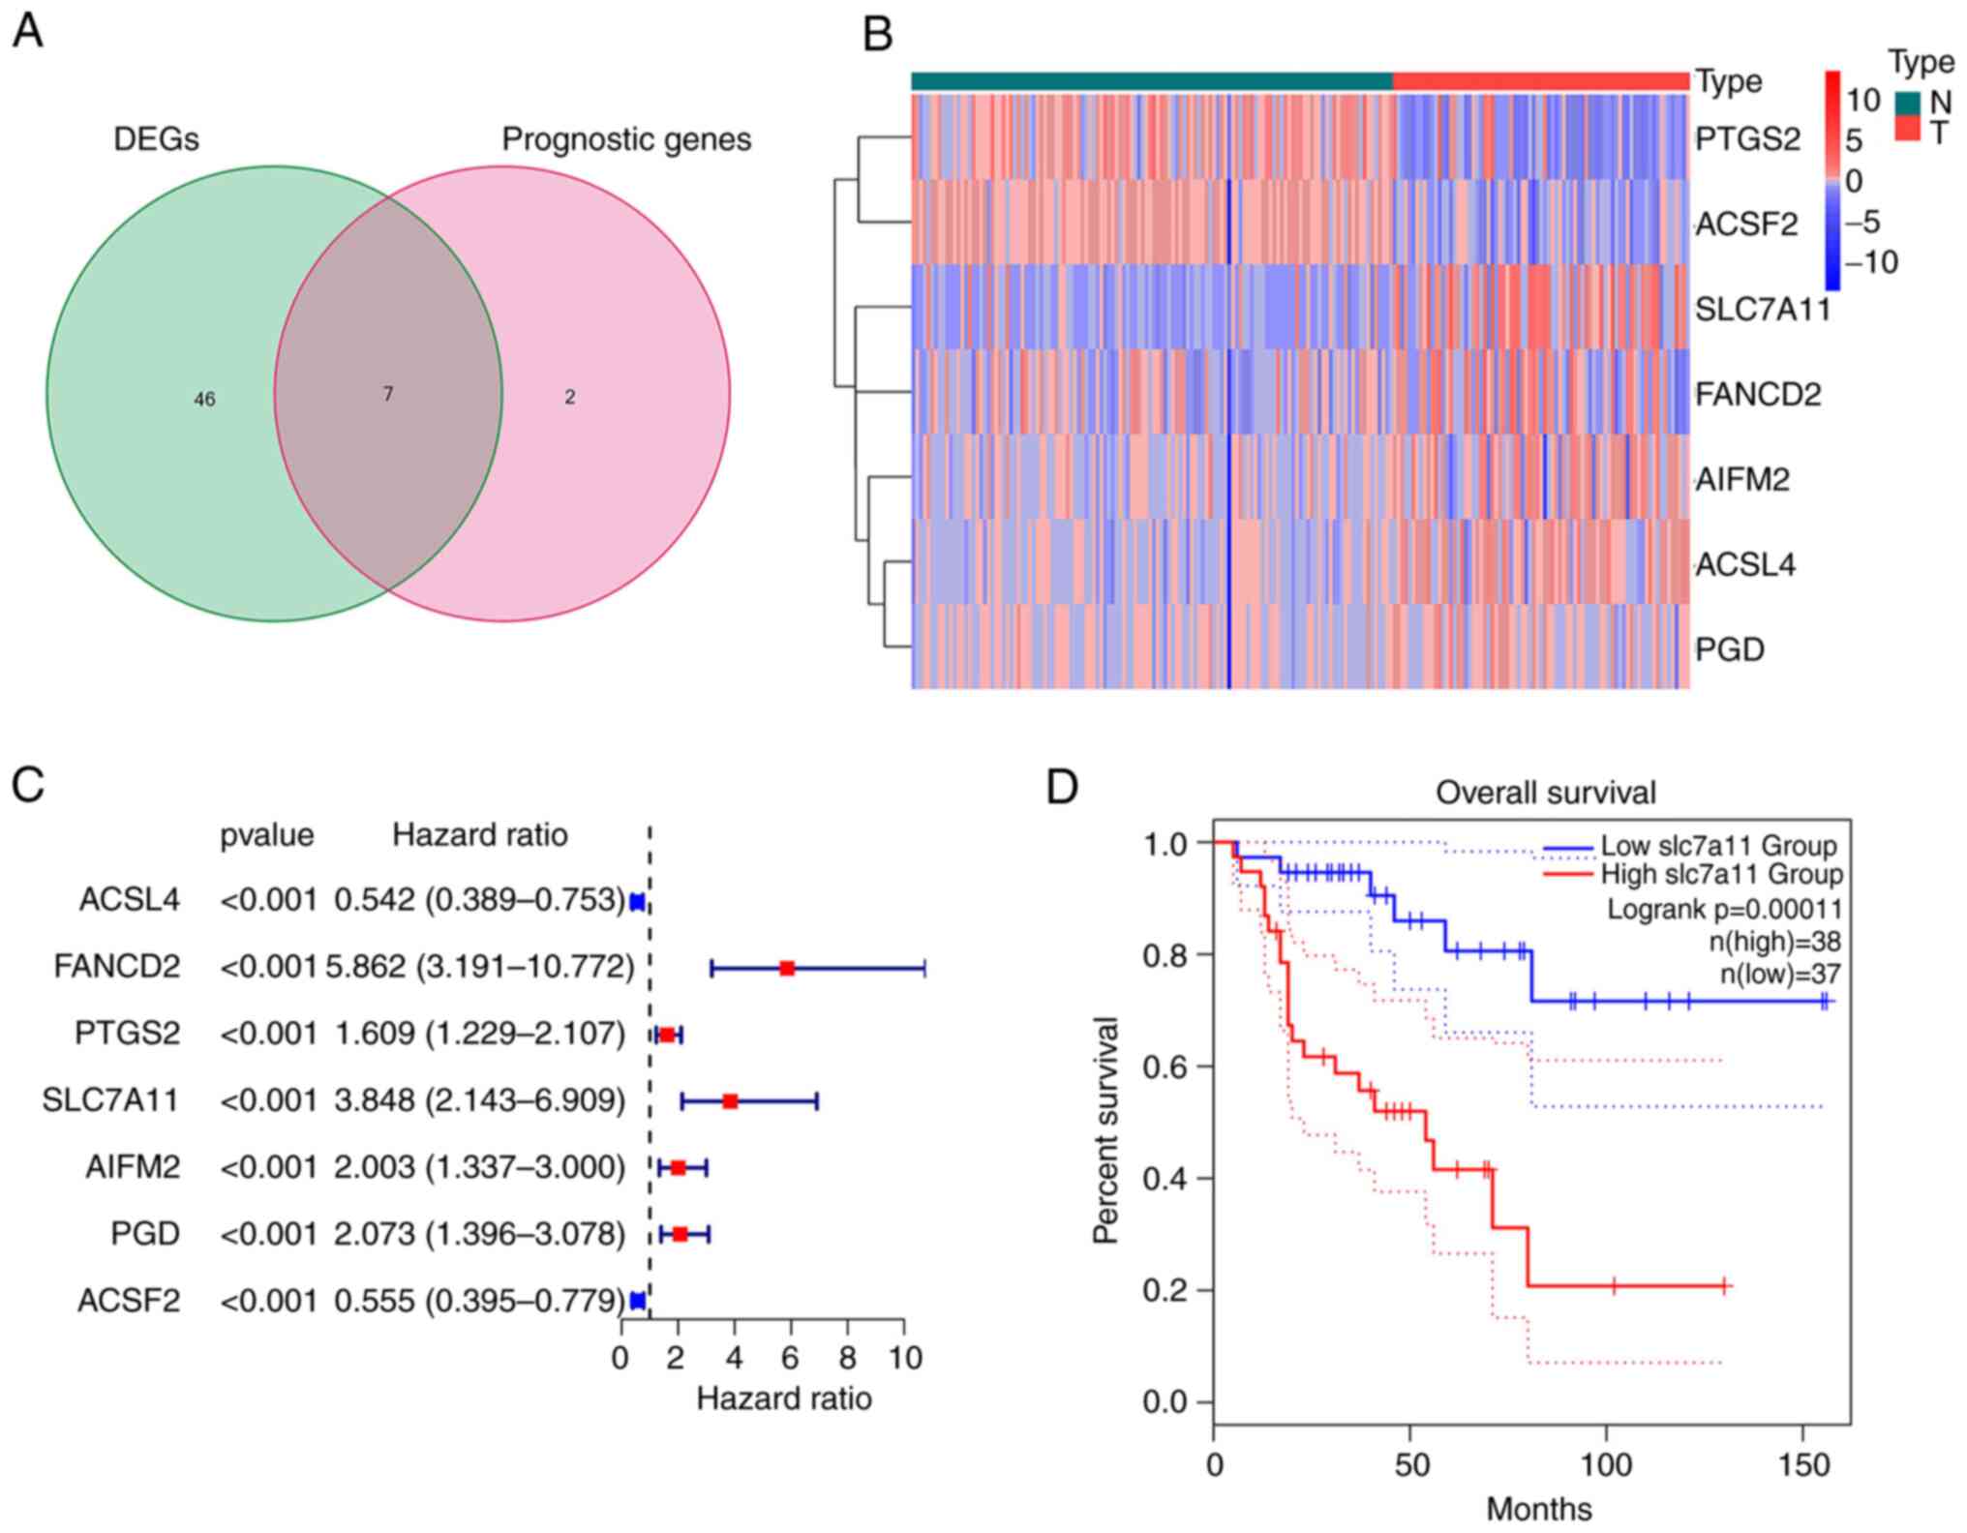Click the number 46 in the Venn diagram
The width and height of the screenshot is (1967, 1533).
(x=204, y=399)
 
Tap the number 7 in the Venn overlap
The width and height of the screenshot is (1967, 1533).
(x=387, y=394)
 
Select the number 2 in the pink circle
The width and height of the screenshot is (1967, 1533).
(x=570, y=397)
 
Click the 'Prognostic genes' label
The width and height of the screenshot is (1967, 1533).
(x=625, y=139)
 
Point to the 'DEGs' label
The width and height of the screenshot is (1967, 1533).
(x=156, y=139)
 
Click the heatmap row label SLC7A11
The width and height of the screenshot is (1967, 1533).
(x=1762, y=310)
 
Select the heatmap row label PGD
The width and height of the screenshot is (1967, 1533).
(x=1730, y=648)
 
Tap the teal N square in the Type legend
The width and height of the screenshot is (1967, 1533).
(x=1908, y=103)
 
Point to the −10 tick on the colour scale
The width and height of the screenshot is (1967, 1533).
(x=1870, y=262)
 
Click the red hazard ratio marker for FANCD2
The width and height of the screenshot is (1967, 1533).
(x=787, y=968)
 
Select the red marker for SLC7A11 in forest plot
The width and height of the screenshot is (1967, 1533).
(x=730, y=1101)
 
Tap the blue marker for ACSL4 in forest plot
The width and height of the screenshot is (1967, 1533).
(x=637, y=902)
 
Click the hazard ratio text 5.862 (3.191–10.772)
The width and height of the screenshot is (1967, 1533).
(x=480, y=967)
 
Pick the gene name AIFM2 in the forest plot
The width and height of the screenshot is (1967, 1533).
(x=133, y=1167)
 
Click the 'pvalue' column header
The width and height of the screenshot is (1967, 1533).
(x=267, y=835)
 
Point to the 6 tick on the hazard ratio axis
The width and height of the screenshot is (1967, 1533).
(x=791, y=1357)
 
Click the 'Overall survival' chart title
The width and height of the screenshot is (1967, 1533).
(x=1545, y=793)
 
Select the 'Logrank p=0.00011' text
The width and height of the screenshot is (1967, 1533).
(x=1724, y=909)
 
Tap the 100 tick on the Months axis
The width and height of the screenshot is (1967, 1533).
(x=1606, y=1464)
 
